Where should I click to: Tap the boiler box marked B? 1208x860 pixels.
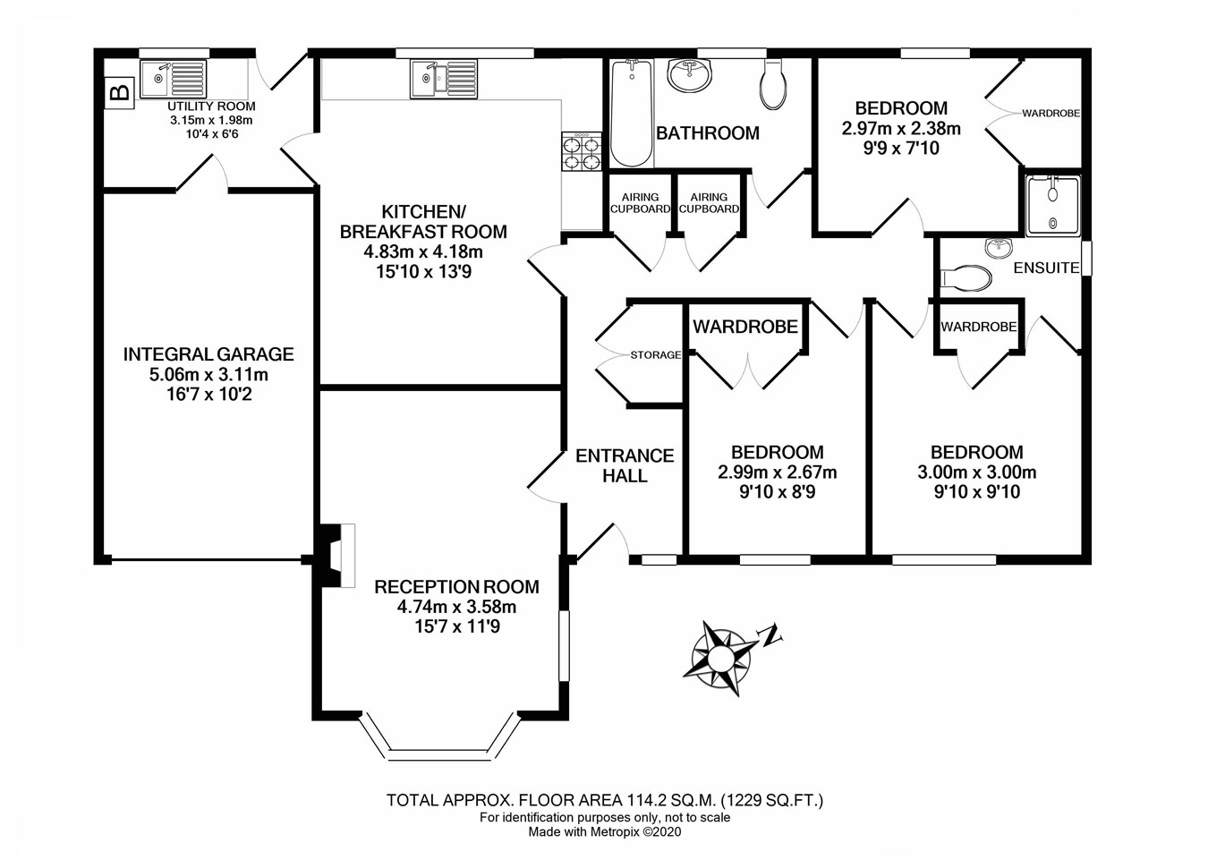point(119,91)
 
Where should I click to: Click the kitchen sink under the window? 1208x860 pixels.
point(444,78)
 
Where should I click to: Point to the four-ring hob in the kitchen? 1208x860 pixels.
point(581,152)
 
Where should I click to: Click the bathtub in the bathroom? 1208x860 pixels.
point(631,113)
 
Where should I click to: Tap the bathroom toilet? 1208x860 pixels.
point(772,84)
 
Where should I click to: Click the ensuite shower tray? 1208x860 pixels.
point(1053,205)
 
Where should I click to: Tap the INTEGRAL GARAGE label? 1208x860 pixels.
point(208,354)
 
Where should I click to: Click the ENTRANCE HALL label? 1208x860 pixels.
point(625,465)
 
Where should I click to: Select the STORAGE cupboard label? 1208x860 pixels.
point(655,355)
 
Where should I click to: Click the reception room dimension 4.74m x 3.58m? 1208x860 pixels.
point(456,607)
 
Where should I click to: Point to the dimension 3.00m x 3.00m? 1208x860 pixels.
point(976,473)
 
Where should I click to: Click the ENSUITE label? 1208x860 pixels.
point(1046,268)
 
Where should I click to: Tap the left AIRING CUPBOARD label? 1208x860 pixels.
point(640,203)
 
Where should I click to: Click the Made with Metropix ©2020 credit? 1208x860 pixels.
point(605,831)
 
